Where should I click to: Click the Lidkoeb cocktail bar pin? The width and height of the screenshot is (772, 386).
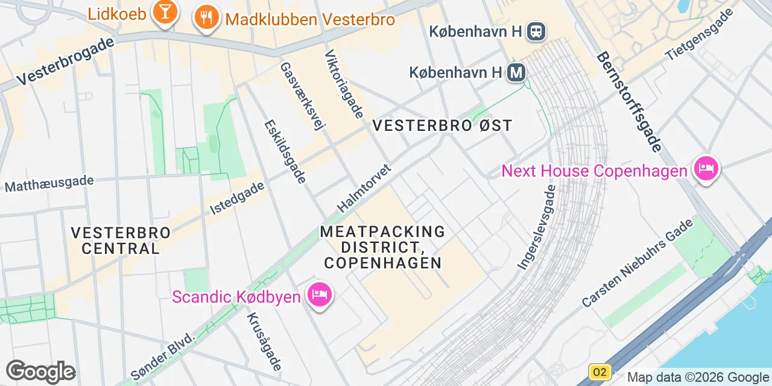point(163,13)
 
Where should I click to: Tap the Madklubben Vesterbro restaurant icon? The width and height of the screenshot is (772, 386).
point(206,19)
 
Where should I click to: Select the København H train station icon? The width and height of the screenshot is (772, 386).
point(536,31)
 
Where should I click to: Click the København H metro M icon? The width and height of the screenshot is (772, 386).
point(516,73)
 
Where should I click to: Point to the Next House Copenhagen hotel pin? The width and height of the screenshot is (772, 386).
point(706,169)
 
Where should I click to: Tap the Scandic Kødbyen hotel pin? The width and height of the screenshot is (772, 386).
point(319,295)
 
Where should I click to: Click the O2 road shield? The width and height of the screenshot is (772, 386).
point(600,372)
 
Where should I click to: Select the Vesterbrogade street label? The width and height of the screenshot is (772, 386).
point(65,61)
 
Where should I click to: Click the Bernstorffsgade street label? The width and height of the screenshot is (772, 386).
point(630,101)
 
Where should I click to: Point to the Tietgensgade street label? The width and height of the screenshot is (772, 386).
point(700,35)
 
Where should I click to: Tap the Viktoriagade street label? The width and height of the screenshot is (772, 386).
point(344,84)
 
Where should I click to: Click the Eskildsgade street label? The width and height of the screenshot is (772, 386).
point(286,151)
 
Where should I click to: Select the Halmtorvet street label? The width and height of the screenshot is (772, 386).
point(364,188)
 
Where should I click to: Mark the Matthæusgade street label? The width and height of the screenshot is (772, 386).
point(49,183)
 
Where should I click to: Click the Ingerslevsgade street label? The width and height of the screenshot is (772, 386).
point(537,227)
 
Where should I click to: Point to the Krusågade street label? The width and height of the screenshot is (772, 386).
point(264,341)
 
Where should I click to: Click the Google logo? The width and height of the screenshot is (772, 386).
point(40,372)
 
